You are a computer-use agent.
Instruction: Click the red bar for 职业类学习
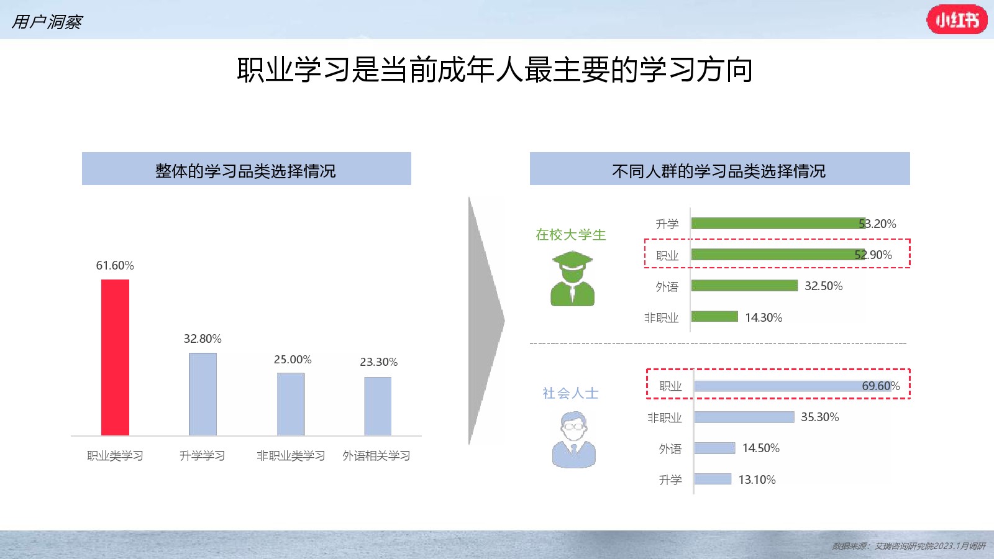click(x=116, y=357)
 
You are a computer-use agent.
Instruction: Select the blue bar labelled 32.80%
click(x=203, y=394)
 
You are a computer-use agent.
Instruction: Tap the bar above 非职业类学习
click(x=291, y=404)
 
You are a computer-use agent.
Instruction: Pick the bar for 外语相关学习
click(x=378, y=406)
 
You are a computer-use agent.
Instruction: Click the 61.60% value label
click(x=115, y=265)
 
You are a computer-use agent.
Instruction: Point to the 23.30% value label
click(x=378, y=362)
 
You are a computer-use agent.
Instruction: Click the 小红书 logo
click(x=957, y=19)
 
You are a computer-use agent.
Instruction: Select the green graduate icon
click(x=572, y=279)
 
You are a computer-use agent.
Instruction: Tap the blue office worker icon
click(x=574, y=440)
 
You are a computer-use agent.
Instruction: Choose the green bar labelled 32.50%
click(x=745, y=286)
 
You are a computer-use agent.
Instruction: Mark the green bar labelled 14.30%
click(x=714, y=317)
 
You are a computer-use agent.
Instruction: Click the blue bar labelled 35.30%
click(x=744, y=417)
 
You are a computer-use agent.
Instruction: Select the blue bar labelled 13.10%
click(x=713, y=479)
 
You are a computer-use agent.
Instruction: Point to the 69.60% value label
click(x=881, y=386)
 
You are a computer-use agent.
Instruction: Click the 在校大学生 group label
click(x=571, y=235)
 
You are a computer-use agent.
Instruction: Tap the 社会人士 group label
click(x=571, y=393)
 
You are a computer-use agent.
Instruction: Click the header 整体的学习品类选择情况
click(x=245, y=171)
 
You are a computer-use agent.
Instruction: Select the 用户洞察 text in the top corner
click(x=47, y=22)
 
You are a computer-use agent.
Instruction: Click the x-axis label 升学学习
click(x=203, y=456)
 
